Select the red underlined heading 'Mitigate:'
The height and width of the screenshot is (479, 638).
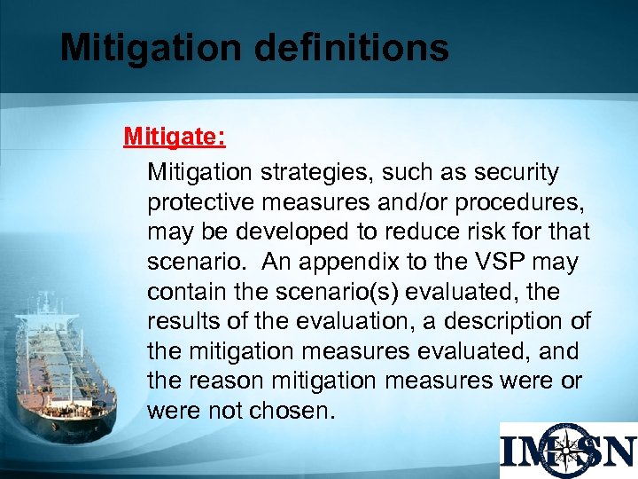tap(174, 137)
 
